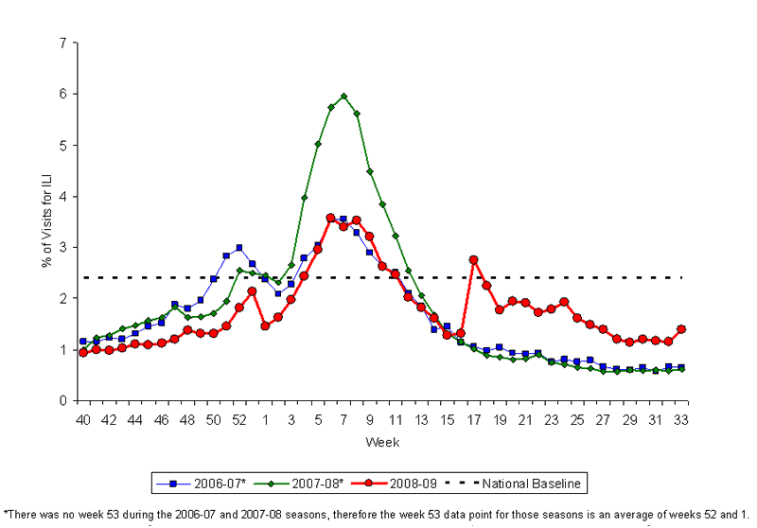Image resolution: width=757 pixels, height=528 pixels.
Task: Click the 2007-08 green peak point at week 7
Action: pos(343,96)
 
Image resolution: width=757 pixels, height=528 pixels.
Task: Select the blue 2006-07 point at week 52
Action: pos(239,248)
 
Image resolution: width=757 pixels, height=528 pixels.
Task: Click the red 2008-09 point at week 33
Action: pos(680,329)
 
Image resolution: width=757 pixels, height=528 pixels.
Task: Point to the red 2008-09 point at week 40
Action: pos(83,352)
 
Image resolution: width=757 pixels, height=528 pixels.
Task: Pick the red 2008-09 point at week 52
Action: pos(239,308)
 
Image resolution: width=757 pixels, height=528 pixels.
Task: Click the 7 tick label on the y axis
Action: pos(62,44)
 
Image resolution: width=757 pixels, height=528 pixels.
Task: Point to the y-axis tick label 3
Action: pos(62,248)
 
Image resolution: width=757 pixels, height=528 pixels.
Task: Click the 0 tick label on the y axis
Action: pos(62,401)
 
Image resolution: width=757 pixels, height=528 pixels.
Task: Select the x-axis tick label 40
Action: pos(83,419)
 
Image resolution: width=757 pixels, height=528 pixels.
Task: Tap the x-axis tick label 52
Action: pos(239,419)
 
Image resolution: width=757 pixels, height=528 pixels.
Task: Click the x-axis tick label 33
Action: pos(680,419)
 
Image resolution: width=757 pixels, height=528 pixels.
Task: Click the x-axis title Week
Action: pos(382,441)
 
